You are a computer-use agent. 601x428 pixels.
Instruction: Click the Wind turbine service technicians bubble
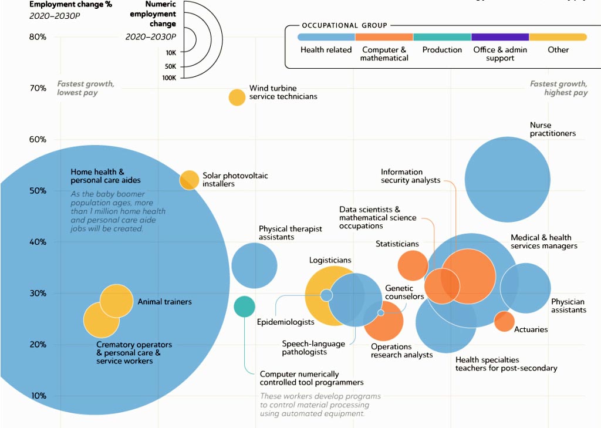click(x=237, y=97)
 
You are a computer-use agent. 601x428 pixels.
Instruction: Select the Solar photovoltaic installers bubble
click(x=189, y=180)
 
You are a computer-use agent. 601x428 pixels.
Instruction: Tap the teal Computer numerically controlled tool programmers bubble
click(x=245, y=306)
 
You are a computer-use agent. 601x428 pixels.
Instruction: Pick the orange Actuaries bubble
click(x=504, y=321)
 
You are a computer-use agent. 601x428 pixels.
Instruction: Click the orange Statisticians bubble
click(x=413, y=265)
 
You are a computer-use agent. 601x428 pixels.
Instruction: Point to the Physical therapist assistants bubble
click(x=254, y=265)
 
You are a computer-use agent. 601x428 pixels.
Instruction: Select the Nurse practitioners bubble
click(x=508, y=179)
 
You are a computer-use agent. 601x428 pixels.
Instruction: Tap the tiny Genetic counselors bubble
click(x=380, y=313)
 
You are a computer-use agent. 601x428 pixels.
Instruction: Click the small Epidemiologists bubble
click(x=326, y=295)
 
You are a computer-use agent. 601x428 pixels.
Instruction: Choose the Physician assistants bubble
click(x=525, y=288)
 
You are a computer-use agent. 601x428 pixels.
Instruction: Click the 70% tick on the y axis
click(x=38, y=88)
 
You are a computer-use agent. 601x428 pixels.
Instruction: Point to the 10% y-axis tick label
click(x=38, y=396)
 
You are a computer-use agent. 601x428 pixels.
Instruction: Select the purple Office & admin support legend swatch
click(x=500, y=37)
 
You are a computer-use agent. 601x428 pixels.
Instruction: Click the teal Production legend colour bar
click(x=442, y=37)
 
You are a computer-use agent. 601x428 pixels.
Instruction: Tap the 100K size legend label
click(x=169, y=78)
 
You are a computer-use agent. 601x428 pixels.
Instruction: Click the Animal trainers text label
click(x=164, y=302)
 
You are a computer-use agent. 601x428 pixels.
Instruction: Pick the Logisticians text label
click(x=330, y=261)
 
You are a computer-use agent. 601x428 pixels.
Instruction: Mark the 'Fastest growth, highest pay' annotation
click(x=559, y=88)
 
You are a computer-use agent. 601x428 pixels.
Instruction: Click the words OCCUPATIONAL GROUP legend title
click(x=345, y=25)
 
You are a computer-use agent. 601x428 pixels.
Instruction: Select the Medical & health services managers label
click(x=544, y=242)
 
